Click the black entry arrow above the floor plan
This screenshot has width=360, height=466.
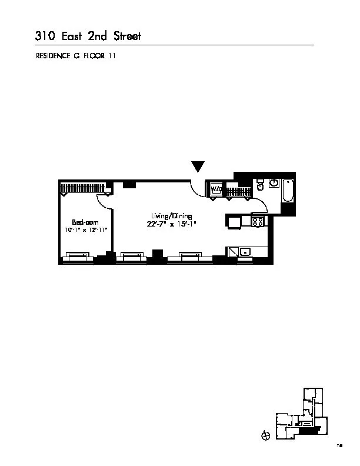[198, 167]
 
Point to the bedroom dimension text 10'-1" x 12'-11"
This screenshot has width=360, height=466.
[85, 229]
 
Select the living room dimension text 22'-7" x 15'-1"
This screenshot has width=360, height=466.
[171, 224]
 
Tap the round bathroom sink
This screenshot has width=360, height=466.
[274, 184]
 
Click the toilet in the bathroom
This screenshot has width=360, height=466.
[259, 187]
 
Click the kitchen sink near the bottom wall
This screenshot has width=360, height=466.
[245, 252]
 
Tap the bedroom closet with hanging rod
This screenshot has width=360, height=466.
[83, 188]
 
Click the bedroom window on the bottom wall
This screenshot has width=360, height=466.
[77, 257]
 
